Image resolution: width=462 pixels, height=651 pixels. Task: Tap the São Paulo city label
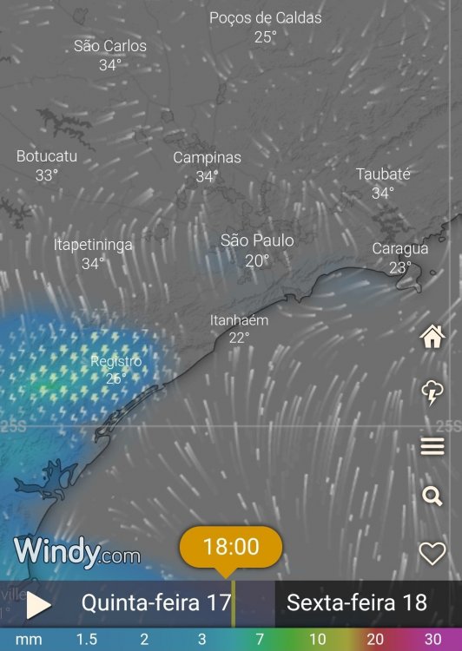click(x=257, y=240)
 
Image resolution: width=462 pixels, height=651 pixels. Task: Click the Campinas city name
click(x=207, y=158)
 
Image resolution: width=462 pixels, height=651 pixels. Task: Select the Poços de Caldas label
click(x=265, y=18)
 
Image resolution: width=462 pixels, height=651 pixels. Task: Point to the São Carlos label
click(x=110, y=46)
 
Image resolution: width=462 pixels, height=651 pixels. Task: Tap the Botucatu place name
click(x=47, y=156)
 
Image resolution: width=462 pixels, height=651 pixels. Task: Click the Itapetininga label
click(x=93, y=245)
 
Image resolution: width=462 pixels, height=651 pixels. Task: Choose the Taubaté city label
click(x=383, y=174)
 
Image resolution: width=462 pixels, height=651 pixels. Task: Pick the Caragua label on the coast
click(x=400, y=249)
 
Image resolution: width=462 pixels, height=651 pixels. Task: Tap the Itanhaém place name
click(x=239, y=320)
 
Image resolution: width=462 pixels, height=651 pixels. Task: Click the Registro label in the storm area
click(x=116, y=360)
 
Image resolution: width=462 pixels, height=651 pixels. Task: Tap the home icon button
click(x=432, y=337)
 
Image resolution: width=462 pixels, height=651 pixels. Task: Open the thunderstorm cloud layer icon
click(x=432, y=392)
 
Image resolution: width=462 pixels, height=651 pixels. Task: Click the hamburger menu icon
click(x=432, y=447)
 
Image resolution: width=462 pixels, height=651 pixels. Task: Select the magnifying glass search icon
click(x=432, y=496)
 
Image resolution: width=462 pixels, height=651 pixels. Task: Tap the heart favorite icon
click(x=432, y=553)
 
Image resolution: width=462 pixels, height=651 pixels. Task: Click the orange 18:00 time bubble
click(x=231, y=547)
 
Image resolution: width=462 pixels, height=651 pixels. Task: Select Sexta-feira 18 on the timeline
click(x=357, y=602)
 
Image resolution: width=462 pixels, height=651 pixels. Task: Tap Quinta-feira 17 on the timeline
click(x=156, y=602)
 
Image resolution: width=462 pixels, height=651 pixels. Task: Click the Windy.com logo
click(x=76, y=551)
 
